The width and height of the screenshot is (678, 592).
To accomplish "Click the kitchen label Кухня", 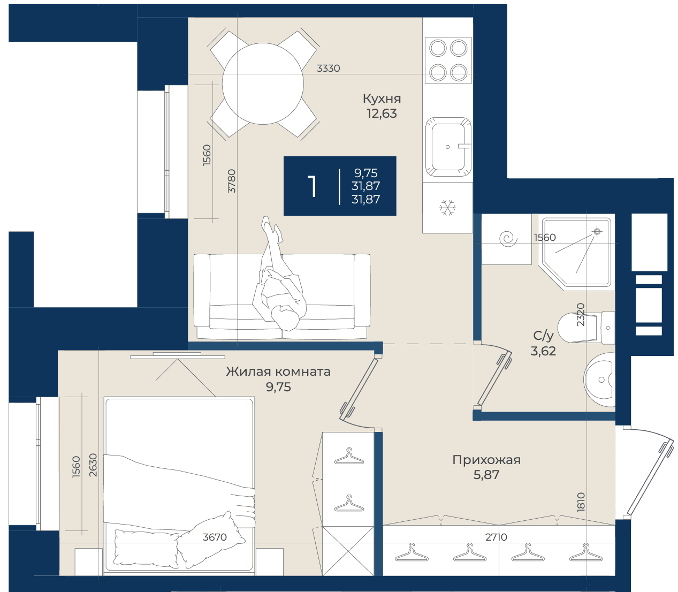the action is tap(382, 98).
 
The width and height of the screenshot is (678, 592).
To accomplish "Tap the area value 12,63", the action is tap(382, 113).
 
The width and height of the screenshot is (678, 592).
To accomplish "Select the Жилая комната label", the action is tap(278, 371).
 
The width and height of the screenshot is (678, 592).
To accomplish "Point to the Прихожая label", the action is tap(486, 460).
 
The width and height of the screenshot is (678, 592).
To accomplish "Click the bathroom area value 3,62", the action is tap(543, 351).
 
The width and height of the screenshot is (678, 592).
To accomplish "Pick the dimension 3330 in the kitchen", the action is tap(329, 69).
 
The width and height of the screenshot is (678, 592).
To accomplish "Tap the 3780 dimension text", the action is tap(232, 181).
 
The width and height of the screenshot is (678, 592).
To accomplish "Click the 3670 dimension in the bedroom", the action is tap(215, 537).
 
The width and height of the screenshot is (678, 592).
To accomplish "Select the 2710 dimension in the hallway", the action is tap(497, 537).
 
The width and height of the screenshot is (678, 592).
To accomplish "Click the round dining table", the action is tap(263, 84).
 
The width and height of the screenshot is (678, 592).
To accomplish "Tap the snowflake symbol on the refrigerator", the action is tap(448, 208).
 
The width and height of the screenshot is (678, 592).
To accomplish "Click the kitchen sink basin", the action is tap(448, 147).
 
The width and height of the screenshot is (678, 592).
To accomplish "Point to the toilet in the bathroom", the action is tap(586, 328).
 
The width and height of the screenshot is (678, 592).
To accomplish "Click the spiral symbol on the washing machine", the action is tap(508, 238).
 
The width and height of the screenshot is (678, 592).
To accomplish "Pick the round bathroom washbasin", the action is tap(600, 380).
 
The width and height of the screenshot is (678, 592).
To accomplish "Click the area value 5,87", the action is tap(486, 475).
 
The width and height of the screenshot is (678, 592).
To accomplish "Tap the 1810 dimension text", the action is tap(581, 503).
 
